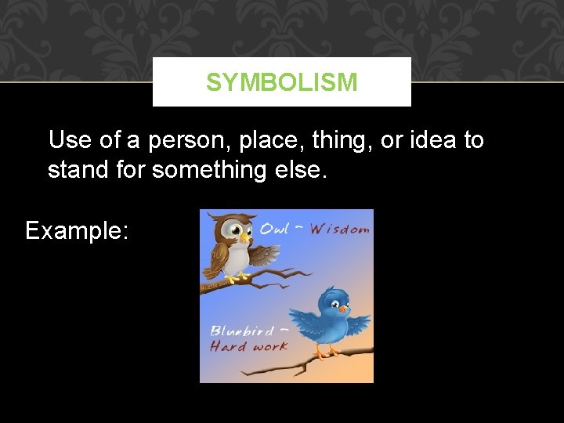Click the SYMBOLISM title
tap(281, 82)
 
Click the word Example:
tap(75, 230)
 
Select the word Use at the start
tap(69, 141)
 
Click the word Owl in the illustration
tap(274, 229)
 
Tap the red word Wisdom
tap(339, 230)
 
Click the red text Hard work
tap(249, 347)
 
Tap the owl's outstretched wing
tap(263, 255)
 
